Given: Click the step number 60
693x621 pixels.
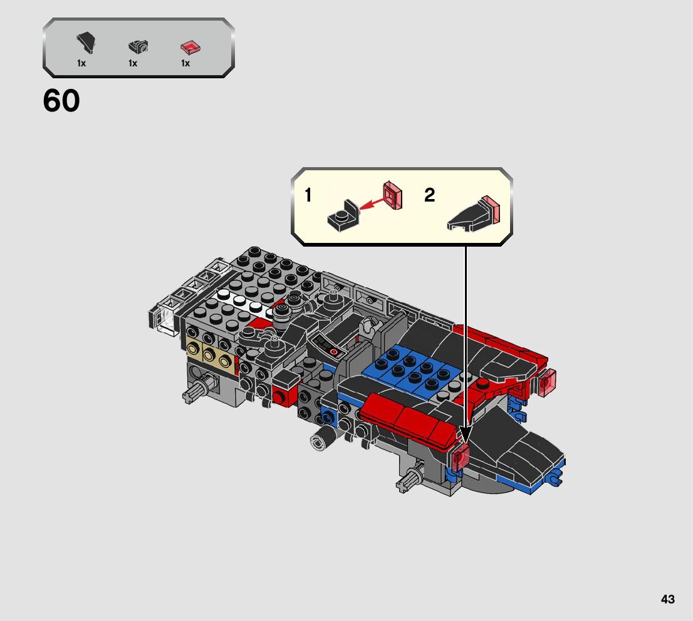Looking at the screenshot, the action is [61, 101].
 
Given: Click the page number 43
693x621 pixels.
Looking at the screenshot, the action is [668, 599].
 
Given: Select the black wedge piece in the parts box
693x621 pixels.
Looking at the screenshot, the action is [86, 43].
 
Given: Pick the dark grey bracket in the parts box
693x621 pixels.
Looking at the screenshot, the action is [138, 46].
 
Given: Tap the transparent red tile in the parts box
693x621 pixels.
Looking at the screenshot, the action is [190, 47].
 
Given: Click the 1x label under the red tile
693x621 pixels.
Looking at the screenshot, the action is [185, 64].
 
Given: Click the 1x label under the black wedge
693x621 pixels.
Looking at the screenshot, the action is [81, 64].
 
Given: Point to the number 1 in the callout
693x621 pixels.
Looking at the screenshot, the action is [308, 195].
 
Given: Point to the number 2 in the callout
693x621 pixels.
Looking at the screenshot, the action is [430, 195].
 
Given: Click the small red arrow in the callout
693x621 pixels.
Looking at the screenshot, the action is [371, 203].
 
